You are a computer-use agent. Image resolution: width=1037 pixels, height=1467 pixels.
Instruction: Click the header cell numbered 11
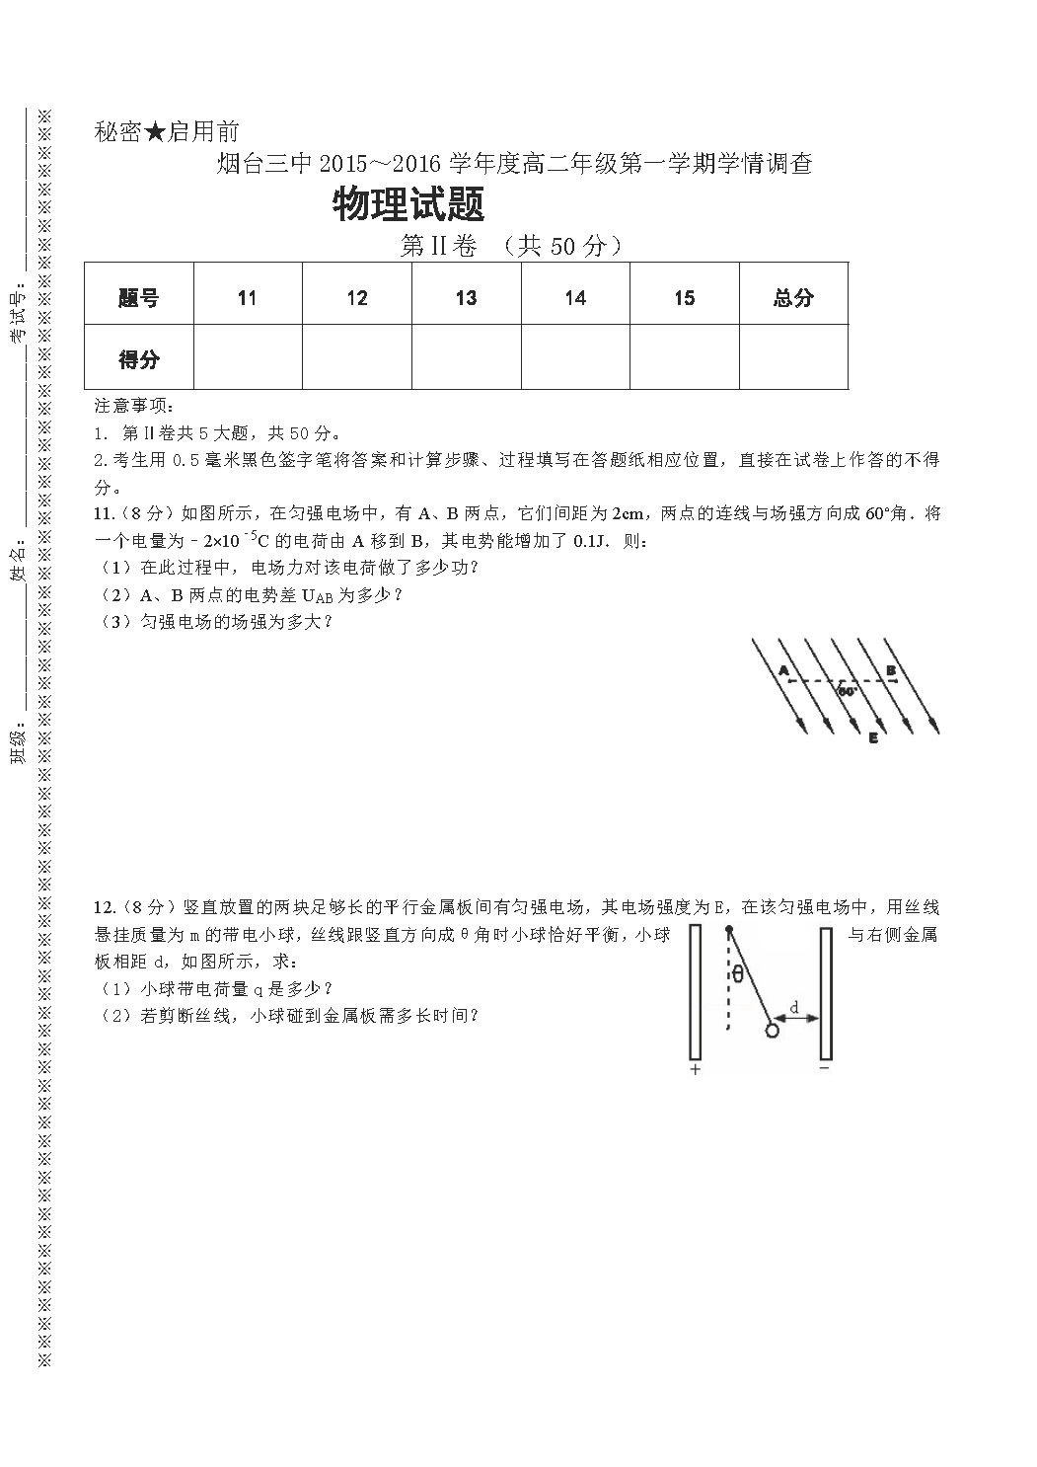(x=247, y=298)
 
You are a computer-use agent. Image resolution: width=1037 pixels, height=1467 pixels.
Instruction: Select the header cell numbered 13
(x=466, y=298)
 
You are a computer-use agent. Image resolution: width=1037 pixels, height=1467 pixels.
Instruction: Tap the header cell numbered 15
(x=685, y=298)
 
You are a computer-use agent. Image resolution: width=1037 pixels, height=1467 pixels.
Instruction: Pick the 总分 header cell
(x=793, y=298)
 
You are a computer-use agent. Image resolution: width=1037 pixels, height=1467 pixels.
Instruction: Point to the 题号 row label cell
(x=138, y=298)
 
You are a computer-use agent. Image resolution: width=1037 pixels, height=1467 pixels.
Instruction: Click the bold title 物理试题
(x=408, y=206)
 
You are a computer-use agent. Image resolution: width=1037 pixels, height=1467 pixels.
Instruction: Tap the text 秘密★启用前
(x=167, y=131)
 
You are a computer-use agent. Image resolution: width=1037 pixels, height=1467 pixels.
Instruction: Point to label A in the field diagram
(x=784, y=670)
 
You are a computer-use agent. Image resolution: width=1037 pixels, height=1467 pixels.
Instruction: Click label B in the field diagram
(x=890, y=670)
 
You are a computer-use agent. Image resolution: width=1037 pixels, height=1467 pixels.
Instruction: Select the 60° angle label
(x=848, y=692)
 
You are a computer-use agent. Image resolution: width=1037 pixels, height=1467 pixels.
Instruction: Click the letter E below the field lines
(x=873, y=737)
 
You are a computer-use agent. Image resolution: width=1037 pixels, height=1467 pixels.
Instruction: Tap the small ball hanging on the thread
(x=772, y=1031)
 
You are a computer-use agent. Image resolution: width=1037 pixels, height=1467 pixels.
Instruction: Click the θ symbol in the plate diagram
(x=738, y=975)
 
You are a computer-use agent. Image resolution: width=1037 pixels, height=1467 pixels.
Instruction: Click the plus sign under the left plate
(x=695, y=1069)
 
